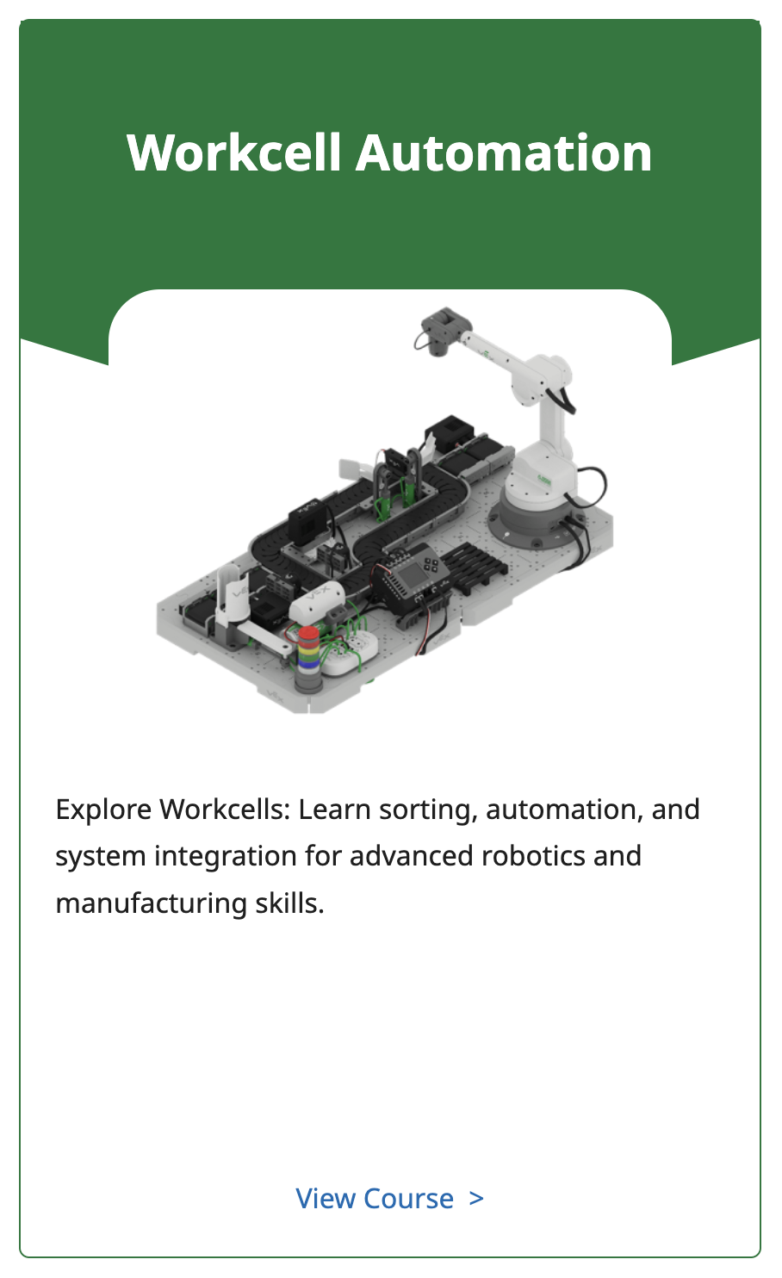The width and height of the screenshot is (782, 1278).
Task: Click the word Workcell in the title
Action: point(234,152)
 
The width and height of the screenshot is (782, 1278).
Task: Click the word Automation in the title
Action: point(504,152)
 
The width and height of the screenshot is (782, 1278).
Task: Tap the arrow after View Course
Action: point(476,1200)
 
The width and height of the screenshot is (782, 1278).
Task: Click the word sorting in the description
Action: point(428,810)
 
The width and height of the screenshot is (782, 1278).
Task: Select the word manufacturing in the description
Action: point(152,903)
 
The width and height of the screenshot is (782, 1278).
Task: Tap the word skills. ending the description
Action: point(289,903)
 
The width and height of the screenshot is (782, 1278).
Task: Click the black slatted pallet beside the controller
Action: point(473,565)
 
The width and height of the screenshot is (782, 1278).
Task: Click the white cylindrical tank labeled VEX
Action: point(317,603)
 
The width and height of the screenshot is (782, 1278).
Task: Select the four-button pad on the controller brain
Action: point(431,565)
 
